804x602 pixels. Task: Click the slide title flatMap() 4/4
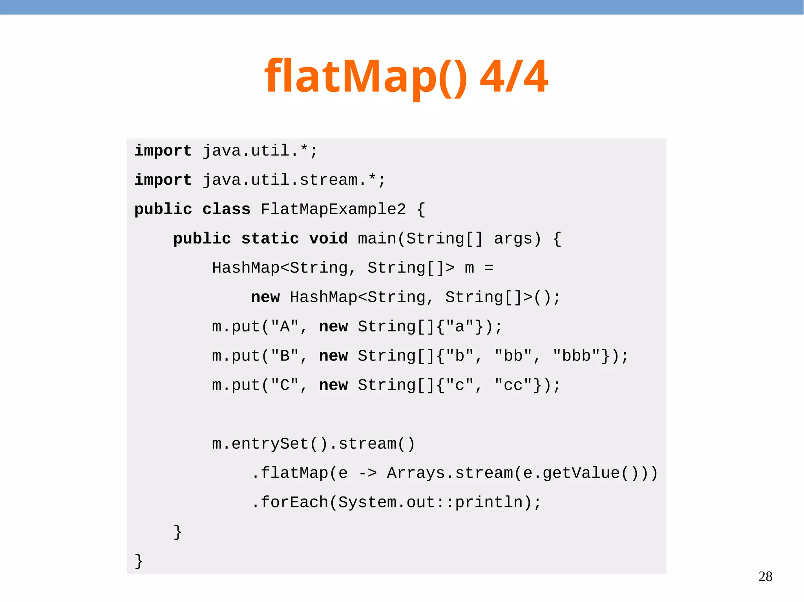[x=406, y=76]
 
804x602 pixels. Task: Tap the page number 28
[x=765, y=576]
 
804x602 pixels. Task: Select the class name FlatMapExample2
[x=333, y=209]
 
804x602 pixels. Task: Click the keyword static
[x=270, y=238]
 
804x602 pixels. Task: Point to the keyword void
[x=328, y=238]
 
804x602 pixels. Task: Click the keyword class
[x=226, y=209]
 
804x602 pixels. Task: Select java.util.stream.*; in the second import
[x=294, y=180]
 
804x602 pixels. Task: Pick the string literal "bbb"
[x=576, y=356]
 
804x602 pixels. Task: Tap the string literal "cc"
[x=513, y=385]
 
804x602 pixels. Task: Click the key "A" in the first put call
[x=284, y=327]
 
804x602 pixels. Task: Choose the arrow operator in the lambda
[x=367, y=473]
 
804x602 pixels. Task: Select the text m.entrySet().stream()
[x=313, y=444]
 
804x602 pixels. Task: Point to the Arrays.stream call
[x=450, y=473]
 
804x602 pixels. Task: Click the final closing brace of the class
[x=139, y=561]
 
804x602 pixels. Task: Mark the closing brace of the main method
[x=177, y=532]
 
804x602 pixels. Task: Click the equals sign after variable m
[x=489, y=268]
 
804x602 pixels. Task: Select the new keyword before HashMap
[x=265, y=297]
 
